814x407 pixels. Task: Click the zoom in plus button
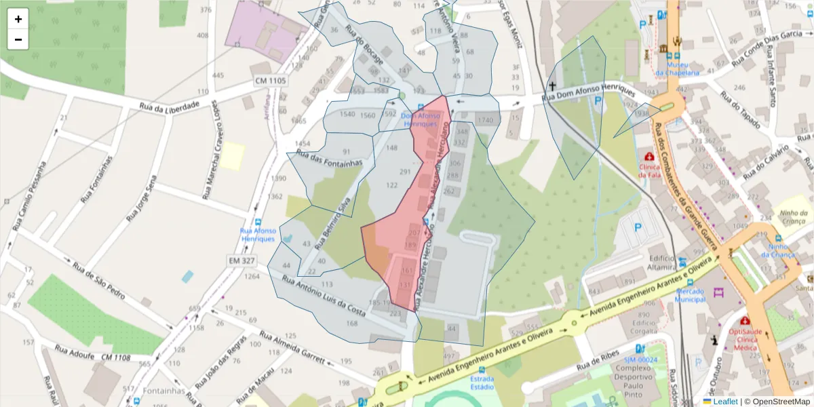tap(18, 19)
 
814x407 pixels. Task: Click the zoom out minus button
tap(18, 39)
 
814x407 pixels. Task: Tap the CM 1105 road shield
tap(271, 81)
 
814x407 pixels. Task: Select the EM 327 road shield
tap(241, 260)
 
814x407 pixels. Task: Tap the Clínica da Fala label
tap(649, 170)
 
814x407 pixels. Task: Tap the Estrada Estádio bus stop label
tap(482, 383)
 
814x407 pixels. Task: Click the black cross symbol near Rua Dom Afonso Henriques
tap(552, 86)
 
